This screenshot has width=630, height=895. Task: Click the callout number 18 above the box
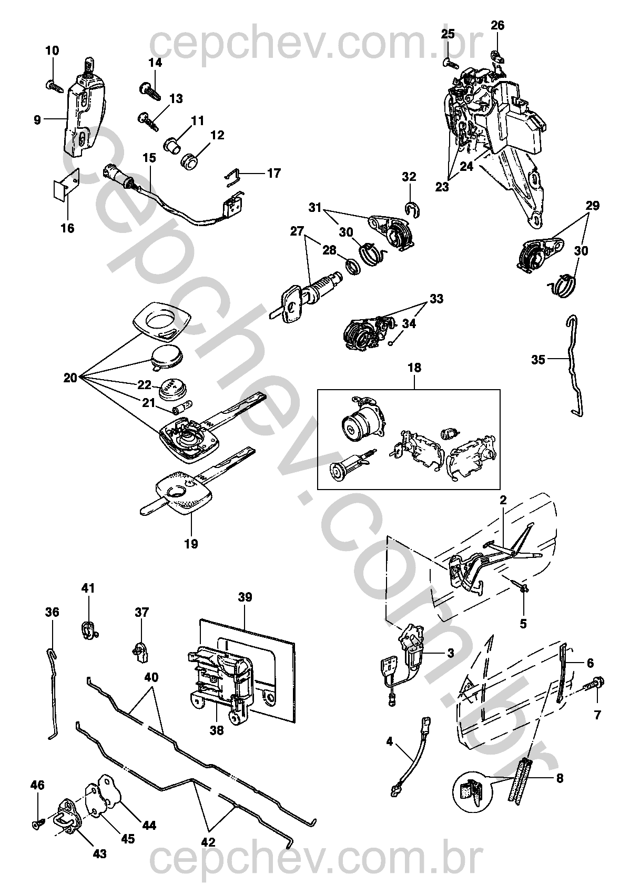414,368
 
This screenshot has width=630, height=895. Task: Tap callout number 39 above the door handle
245,597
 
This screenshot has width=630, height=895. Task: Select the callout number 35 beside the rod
538,360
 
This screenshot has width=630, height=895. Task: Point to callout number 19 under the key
191,544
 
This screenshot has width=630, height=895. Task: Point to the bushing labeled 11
172,144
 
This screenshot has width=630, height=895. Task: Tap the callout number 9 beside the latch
37,120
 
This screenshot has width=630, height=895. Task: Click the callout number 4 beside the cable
389,742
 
